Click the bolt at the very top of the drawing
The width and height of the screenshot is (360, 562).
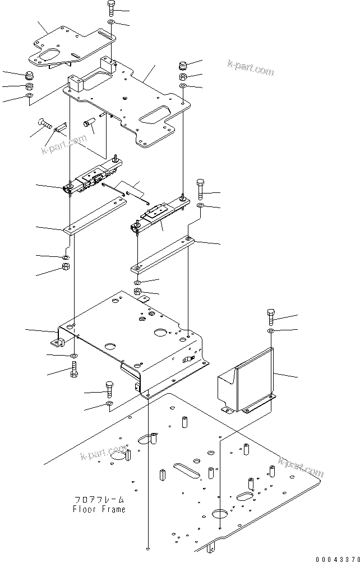110,8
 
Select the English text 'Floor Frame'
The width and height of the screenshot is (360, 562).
99,509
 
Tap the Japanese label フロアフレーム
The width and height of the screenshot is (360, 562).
99,500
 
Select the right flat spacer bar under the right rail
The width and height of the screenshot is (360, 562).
163,254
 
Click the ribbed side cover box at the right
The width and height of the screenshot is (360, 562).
247,381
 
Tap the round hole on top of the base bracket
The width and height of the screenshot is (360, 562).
161,333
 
